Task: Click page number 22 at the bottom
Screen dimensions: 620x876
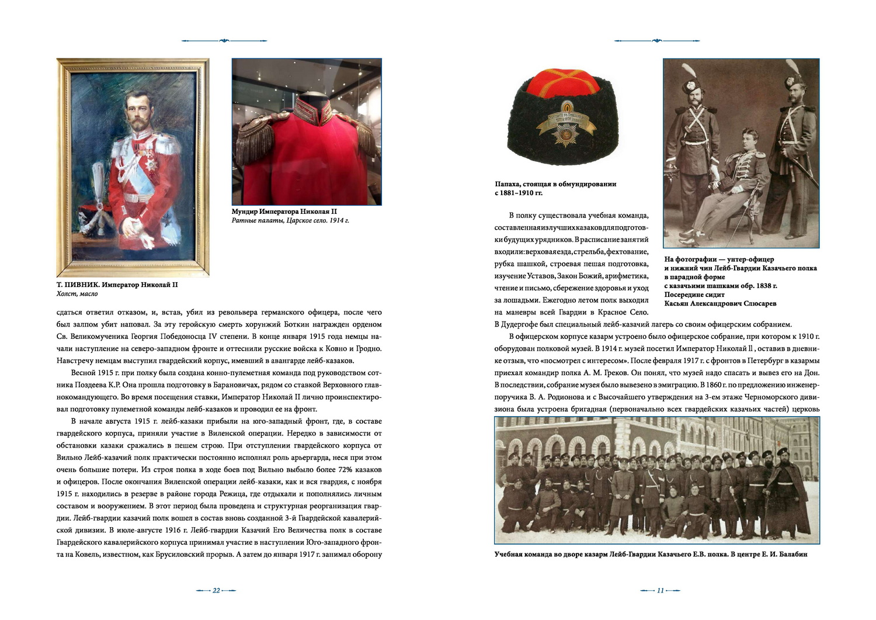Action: [216, 590]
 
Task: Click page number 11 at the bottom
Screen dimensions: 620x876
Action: [660, 590]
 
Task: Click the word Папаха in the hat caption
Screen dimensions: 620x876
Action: [507, 184]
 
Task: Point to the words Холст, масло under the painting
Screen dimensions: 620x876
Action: [77, 294]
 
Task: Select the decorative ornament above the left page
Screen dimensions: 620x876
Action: [224, 40]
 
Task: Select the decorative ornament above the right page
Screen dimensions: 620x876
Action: [657, 40]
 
